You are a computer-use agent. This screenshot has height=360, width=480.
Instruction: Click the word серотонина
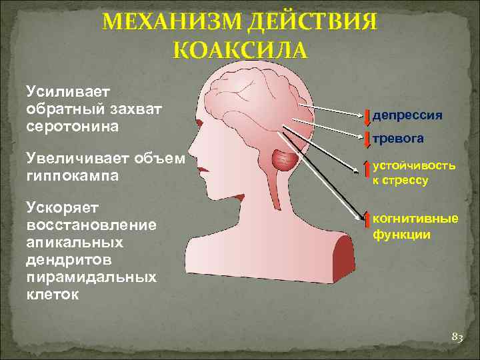click(71, 125)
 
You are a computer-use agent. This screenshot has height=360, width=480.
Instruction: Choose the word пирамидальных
click(91, 277)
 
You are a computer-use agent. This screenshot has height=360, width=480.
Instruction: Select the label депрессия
click(407, 115)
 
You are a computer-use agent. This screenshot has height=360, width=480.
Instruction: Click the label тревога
click(398, 138)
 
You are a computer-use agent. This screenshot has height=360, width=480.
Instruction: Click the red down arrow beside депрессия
click(367, 115)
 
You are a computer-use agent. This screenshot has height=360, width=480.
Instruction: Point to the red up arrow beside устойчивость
click(367, 171)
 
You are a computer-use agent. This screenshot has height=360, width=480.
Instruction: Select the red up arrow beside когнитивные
click(367, 223)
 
